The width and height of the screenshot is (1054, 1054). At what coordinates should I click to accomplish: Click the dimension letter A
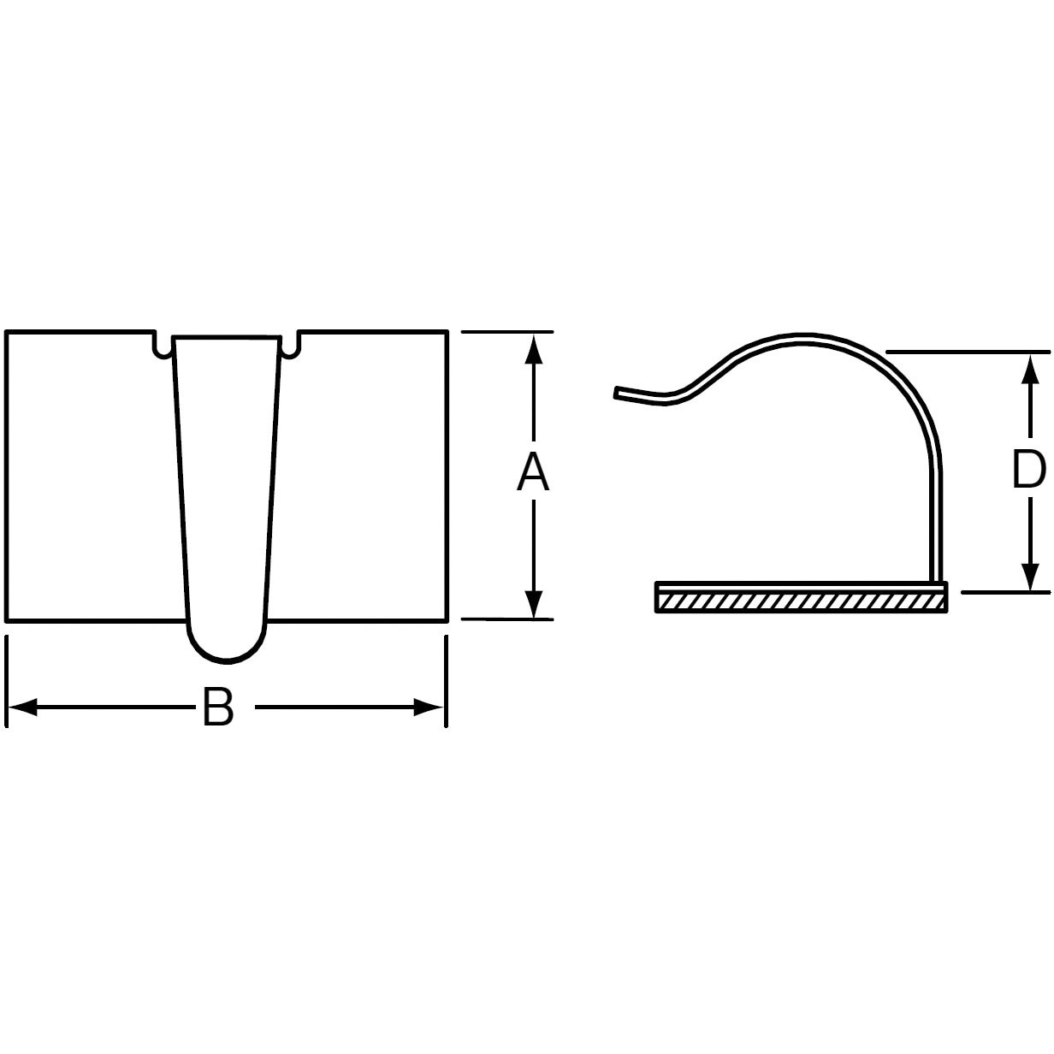tap(533, 474)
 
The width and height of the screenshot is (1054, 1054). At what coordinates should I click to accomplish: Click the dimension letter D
tap(1029, 470)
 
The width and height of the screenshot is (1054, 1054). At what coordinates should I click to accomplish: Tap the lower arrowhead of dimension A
tap(533, 603)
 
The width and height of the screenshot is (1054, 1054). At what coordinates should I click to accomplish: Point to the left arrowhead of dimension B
tap(23, 707)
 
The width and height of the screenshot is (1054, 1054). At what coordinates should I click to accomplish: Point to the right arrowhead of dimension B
tap(428, 707)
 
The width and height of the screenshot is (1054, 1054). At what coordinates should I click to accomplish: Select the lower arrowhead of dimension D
tap(1031, 576)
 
